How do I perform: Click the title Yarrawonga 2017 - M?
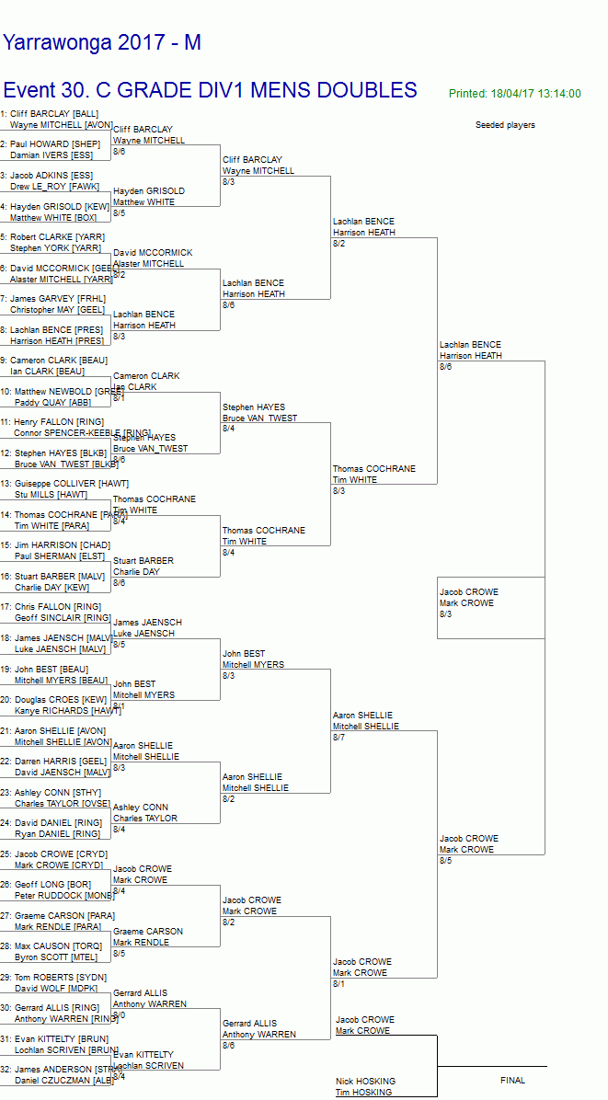tap(102, 42)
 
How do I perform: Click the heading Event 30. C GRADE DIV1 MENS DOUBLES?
tap(210, 90)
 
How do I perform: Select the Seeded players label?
tap(505, 125)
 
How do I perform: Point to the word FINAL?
tap(512, 1081)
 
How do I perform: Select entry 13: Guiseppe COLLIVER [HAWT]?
tap(69, 484)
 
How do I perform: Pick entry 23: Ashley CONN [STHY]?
tap(55, 792)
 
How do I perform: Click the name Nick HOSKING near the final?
tap(365, 1082)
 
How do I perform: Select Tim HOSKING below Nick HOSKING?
tap(363, 1093)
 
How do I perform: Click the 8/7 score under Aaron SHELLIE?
tap(338, 738)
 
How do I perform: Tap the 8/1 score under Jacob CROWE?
tap(338, 984)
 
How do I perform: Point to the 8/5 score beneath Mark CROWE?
tap(445, 861)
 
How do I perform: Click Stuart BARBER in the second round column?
tap(143, 561)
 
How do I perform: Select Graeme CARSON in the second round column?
tap(147, 932)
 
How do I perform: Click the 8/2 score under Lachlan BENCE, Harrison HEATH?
tap(338, 244)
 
